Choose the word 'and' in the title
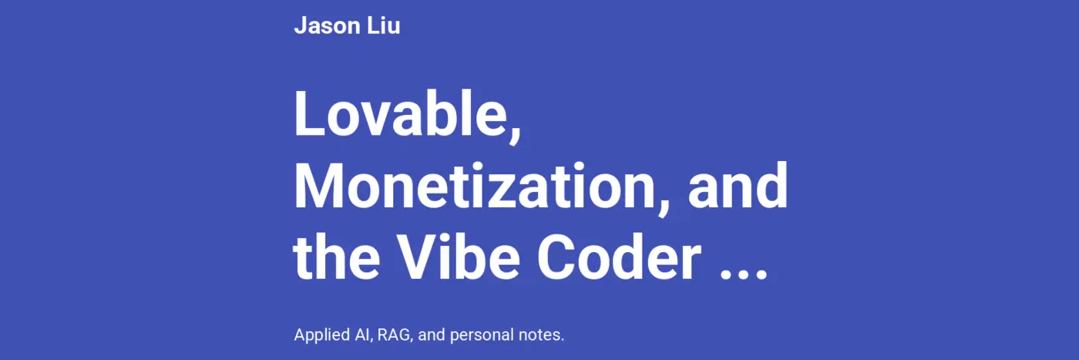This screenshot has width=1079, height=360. coord(738,187)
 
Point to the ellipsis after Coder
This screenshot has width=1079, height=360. coord(743,274)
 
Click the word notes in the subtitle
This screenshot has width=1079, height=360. coord(541,335)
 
